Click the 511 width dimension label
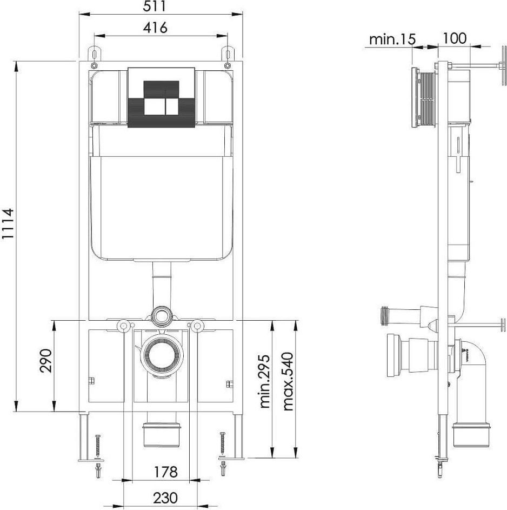coord(155,6)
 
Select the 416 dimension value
coord(155,28)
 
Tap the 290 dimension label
coord(45,360)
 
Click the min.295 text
coord(265,381)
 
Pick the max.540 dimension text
coord(288,381)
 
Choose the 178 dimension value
coord(165,472)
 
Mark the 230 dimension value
coord(165,498)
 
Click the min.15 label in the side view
coord(392,39)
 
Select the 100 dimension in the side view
coord(455,38)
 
